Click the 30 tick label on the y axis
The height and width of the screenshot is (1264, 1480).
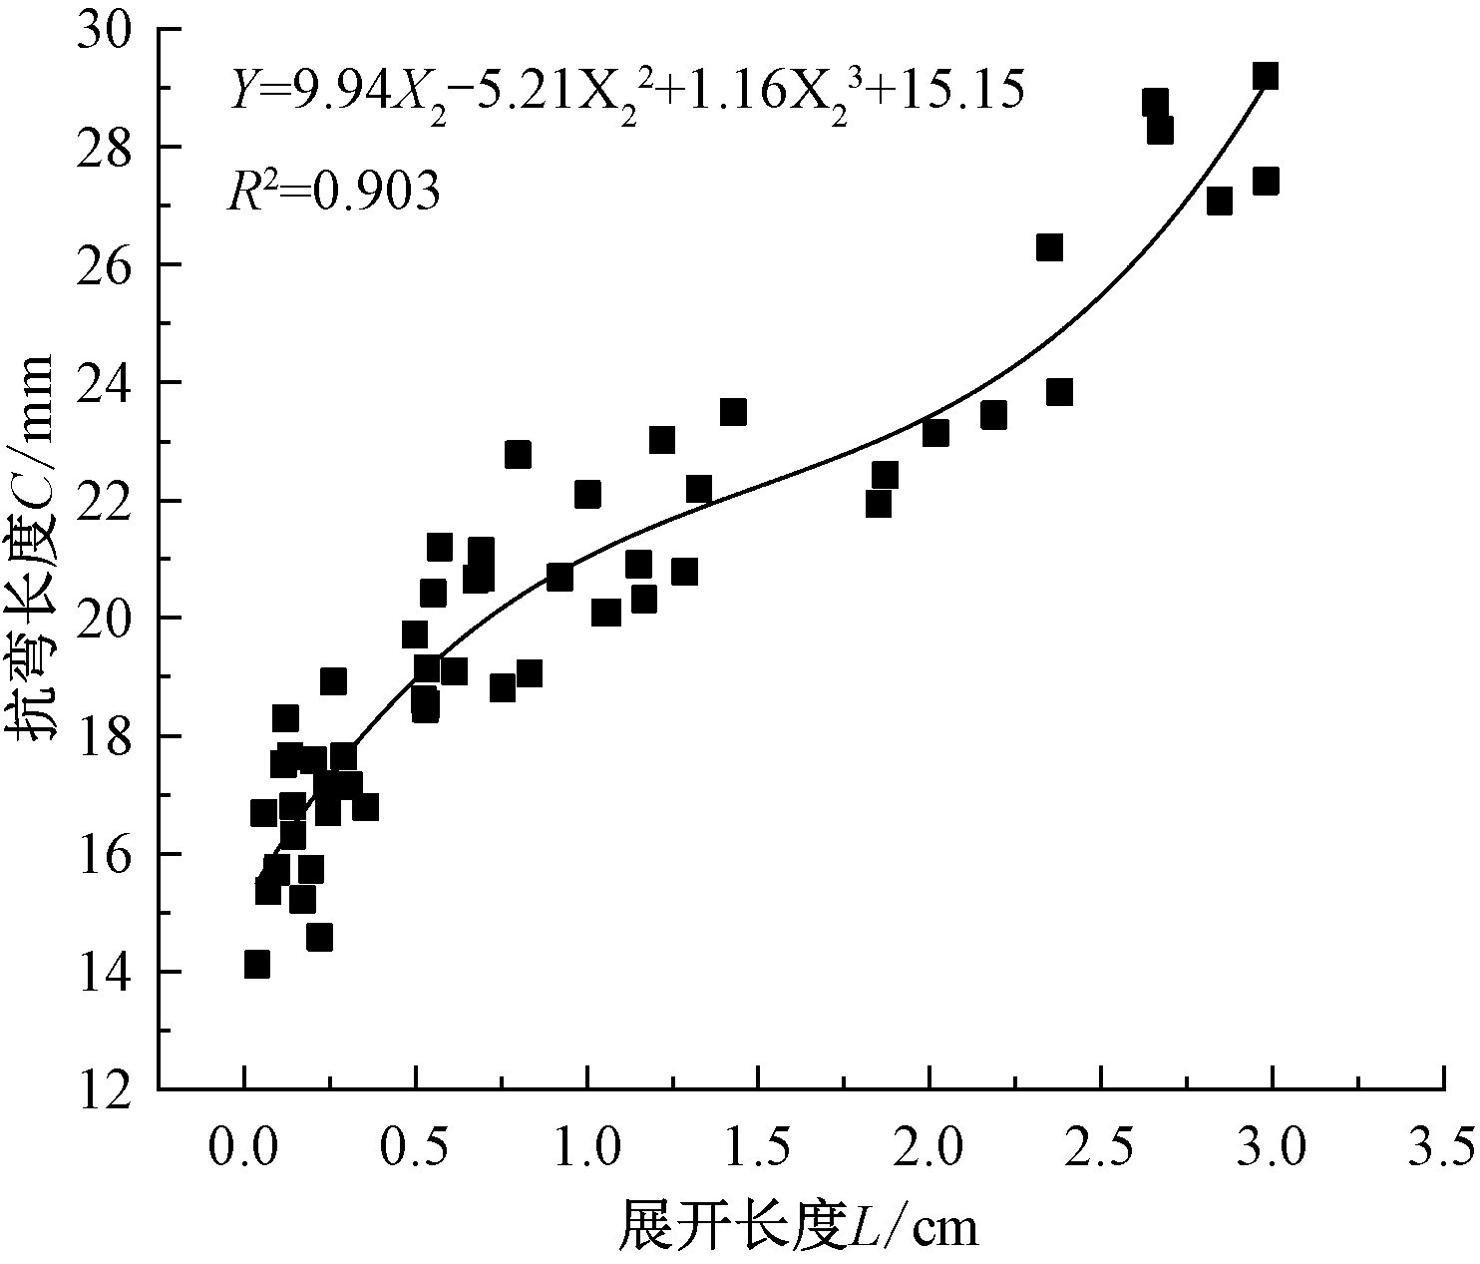point(108,30)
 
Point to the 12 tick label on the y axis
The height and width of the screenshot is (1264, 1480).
point(108,1088)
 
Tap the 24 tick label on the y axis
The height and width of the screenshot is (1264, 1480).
point(108,383)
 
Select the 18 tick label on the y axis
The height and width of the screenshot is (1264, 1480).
point(108,736)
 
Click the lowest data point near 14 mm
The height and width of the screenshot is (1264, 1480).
point(257,965)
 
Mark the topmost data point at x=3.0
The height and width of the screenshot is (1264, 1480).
point(1266,76)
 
